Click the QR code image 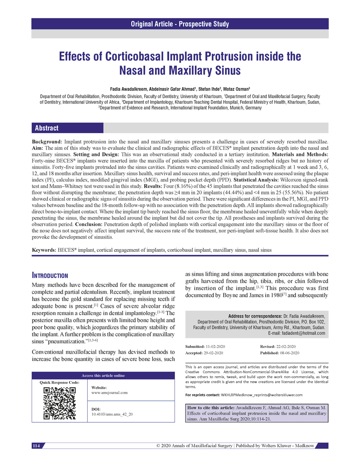coord(59,403)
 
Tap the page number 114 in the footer coord(36,446)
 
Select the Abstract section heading coord(47,128)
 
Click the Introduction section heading coord(50,276)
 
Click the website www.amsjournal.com coord(109,393)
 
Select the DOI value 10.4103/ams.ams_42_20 coord(112,414)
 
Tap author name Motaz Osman coord(236,89)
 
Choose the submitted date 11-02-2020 coord(215,346)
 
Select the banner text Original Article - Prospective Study coord(180,24)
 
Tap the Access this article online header coord(103,376)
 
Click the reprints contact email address coord(262,395)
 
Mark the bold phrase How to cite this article coord(211,408)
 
